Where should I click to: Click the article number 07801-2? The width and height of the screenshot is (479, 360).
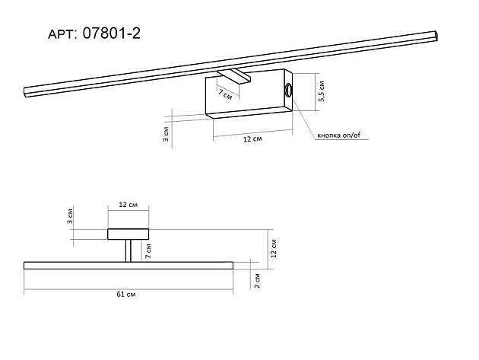(x=112, y=33)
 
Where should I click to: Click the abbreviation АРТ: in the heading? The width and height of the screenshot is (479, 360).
(x=62, y=34)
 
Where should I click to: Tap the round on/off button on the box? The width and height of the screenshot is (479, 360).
(x=288, y=90)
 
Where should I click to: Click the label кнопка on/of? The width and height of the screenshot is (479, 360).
(x=339, y=135)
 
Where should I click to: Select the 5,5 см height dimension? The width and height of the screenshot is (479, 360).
(x=321, y=91)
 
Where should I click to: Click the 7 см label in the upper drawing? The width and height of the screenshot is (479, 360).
(x=225, y=95)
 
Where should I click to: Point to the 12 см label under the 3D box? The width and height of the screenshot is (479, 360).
(x=252, y=139)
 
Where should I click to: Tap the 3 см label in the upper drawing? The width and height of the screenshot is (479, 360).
(x=166, y=134)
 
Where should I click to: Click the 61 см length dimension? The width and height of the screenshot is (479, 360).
(x=126, y=295)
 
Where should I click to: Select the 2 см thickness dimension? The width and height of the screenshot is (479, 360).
(x=257, y=281)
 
